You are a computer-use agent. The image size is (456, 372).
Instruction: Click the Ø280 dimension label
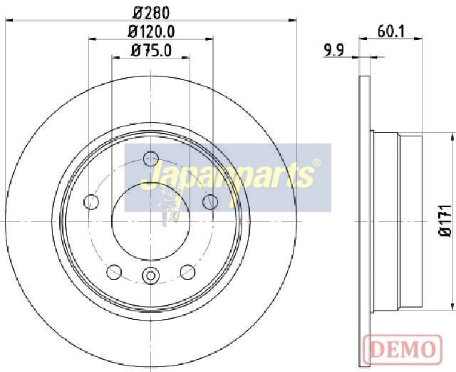click(151, 12)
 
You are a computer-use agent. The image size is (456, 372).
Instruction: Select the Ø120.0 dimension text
click(151, 31)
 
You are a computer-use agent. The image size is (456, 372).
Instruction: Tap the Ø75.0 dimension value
click(151, 50)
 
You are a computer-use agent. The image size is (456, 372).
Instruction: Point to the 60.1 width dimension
click(391, 31)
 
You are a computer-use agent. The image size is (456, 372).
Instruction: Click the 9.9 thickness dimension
click(334, 50)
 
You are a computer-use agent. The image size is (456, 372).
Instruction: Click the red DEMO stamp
click(403, 350)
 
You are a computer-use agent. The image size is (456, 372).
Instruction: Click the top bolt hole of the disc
click(151, 159)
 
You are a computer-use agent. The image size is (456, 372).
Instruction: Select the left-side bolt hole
click(91, 202)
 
